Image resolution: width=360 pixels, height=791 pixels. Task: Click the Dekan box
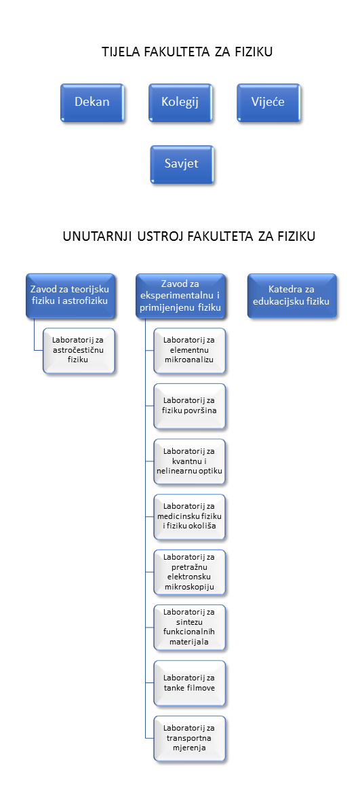point(92,102)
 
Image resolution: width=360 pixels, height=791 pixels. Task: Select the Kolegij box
point(180,102)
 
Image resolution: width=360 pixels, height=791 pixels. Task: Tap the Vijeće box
point(268,102)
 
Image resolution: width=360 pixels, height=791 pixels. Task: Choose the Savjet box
point(182,164)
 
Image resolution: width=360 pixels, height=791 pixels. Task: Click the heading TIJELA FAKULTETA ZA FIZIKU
point(187,52)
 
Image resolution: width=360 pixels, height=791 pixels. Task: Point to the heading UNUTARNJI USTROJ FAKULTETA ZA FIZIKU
point(189,236)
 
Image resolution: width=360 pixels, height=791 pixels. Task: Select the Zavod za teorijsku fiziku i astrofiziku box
point(70,296)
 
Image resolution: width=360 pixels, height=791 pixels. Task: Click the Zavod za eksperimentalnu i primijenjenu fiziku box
point(180,296)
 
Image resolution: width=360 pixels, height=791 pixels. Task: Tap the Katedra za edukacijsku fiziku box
point(292,296)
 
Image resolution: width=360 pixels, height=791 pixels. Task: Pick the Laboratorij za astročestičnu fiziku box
point(79,351)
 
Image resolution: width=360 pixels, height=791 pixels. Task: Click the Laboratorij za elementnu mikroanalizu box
point(189,351)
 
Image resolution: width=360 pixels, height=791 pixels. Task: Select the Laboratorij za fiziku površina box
point(189,406)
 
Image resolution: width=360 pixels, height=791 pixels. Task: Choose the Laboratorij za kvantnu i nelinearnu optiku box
point(189,461)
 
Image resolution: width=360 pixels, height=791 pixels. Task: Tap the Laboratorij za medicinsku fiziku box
point(189,517)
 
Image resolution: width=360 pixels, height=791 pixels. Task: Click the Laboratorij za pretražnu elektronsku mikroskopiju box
point(189,572)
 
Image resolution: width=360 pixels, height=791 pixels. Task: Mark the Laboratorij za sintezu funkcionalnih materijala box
point(189,628)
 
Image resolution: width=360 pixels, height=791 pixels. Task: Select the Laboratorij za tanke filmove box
point(189,683)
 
